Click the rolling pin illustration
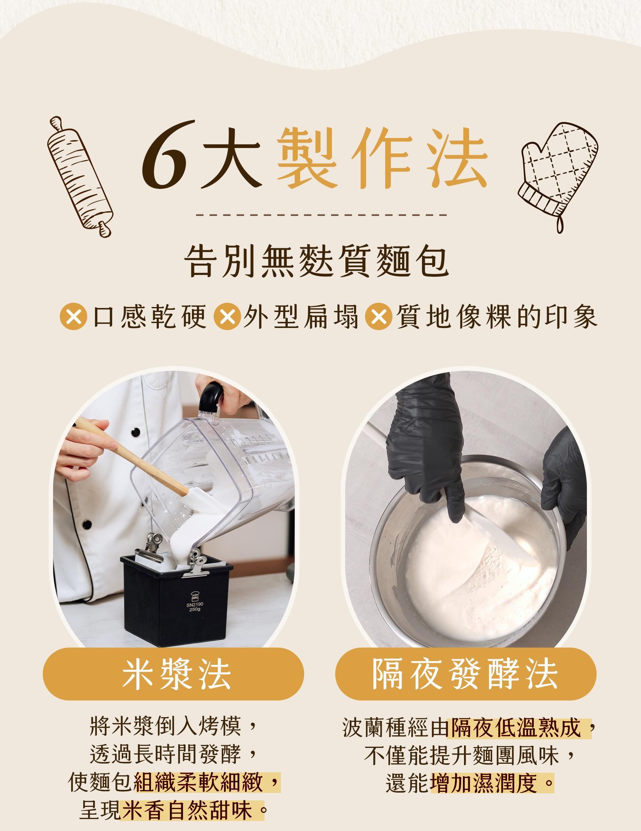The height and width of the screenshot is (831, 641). pos(80,176)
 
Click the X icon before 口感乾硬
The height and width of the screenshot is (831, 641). pos(73,317)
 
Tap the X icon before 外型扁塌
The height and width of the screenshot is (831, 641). pos(228,317)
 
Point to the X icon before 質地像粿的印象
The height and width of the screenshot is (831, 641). pos(378,317)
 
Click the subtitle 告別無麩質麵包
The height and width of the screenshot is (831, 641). pos(317,261)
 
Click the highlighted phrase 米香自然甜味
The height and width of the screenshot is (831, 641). pos(186,811)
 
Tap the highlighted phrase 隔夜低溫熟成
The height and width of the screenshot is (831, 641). pos(516,728)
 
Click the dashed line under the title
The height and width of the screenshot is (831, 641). pos(321,215)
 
